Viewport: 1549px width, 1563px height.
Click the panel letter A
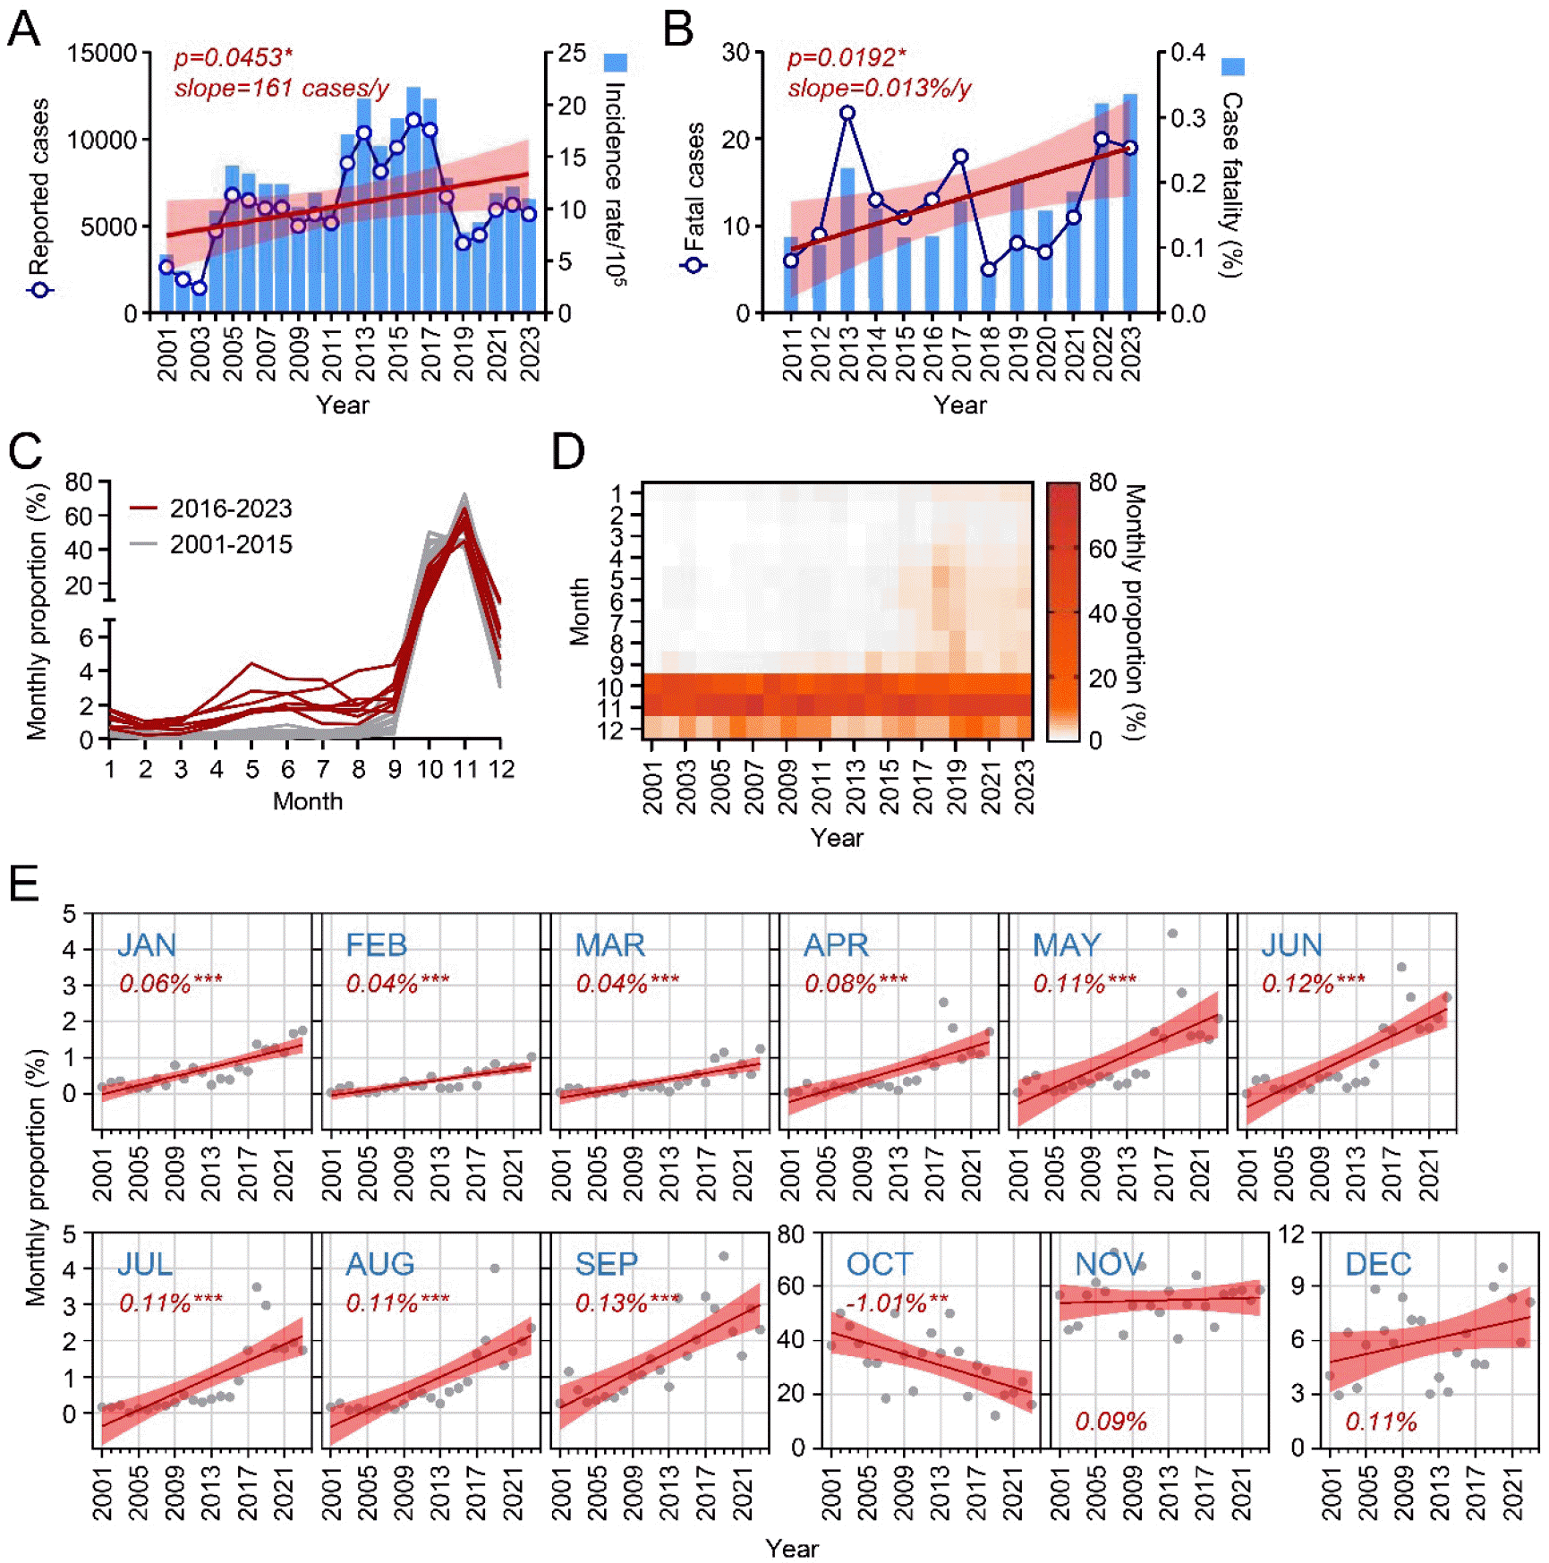coord(23,29)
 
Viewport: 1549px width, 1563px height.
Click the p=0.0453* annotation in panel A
coord(233,58)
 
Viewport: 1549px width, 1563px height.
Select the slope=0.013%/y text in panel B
coord(879,89)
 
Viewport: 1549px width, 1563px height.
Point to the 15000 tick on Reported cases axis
coord(102,54)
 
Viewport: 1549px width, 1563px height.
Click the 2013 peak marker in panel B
coord(847,114)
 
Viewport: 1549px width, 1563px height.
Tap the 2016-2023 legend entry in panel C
coord(231,508)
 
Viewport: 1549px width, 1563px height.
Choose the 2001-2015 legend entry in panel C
coord(231,544)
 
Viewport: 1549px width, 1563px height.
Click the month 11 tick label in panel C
coord(464,769)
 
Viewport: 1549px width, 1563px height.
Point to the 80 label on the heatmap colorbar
coord(1102,483)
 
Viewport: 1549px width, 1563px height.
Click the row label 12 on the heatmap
coord(610,730)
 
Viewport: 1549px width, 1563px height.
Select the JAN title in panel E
coord(147,945)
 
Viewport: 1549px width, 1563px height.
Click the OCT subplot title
coord(879,1264)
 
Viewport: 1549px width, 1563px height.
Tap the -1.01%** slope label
coord(897,1302)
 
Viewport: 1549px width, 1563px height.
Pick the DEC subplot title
coord(1378,1264)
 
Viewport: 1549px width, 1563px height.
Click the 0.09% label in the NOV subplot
coord(1111,1422)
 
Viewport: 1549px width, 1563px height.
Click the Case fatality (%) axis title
coord(1232,184)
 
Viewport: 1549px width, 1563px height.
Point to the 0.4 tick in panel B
coord(1187,52)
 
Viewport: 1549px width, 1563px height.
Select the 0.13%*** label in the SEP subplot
coord(627,1302)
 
